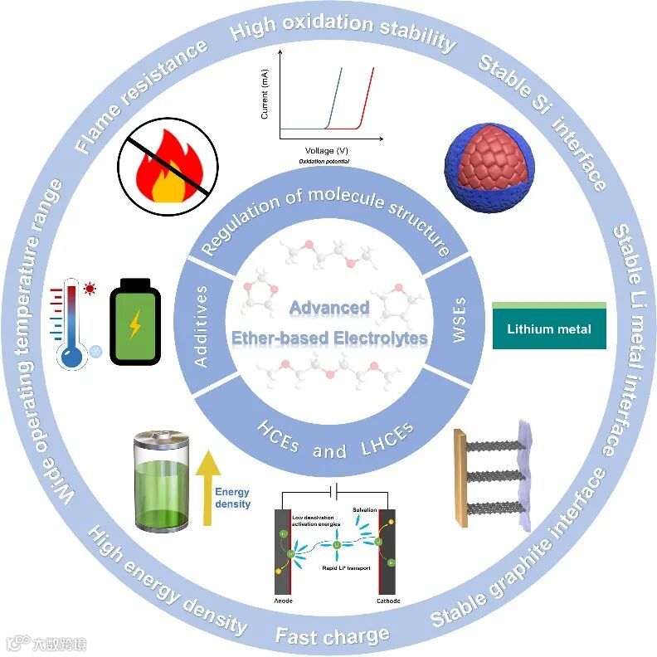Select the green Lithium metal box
[x=548, y=328]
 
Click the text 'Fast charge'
[x=332, y=636]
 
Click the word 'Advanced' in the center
[x=328, y=308]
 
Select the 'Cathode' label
[x=387, y=601]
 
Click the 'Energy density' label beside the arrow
[x=233, y=498]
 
